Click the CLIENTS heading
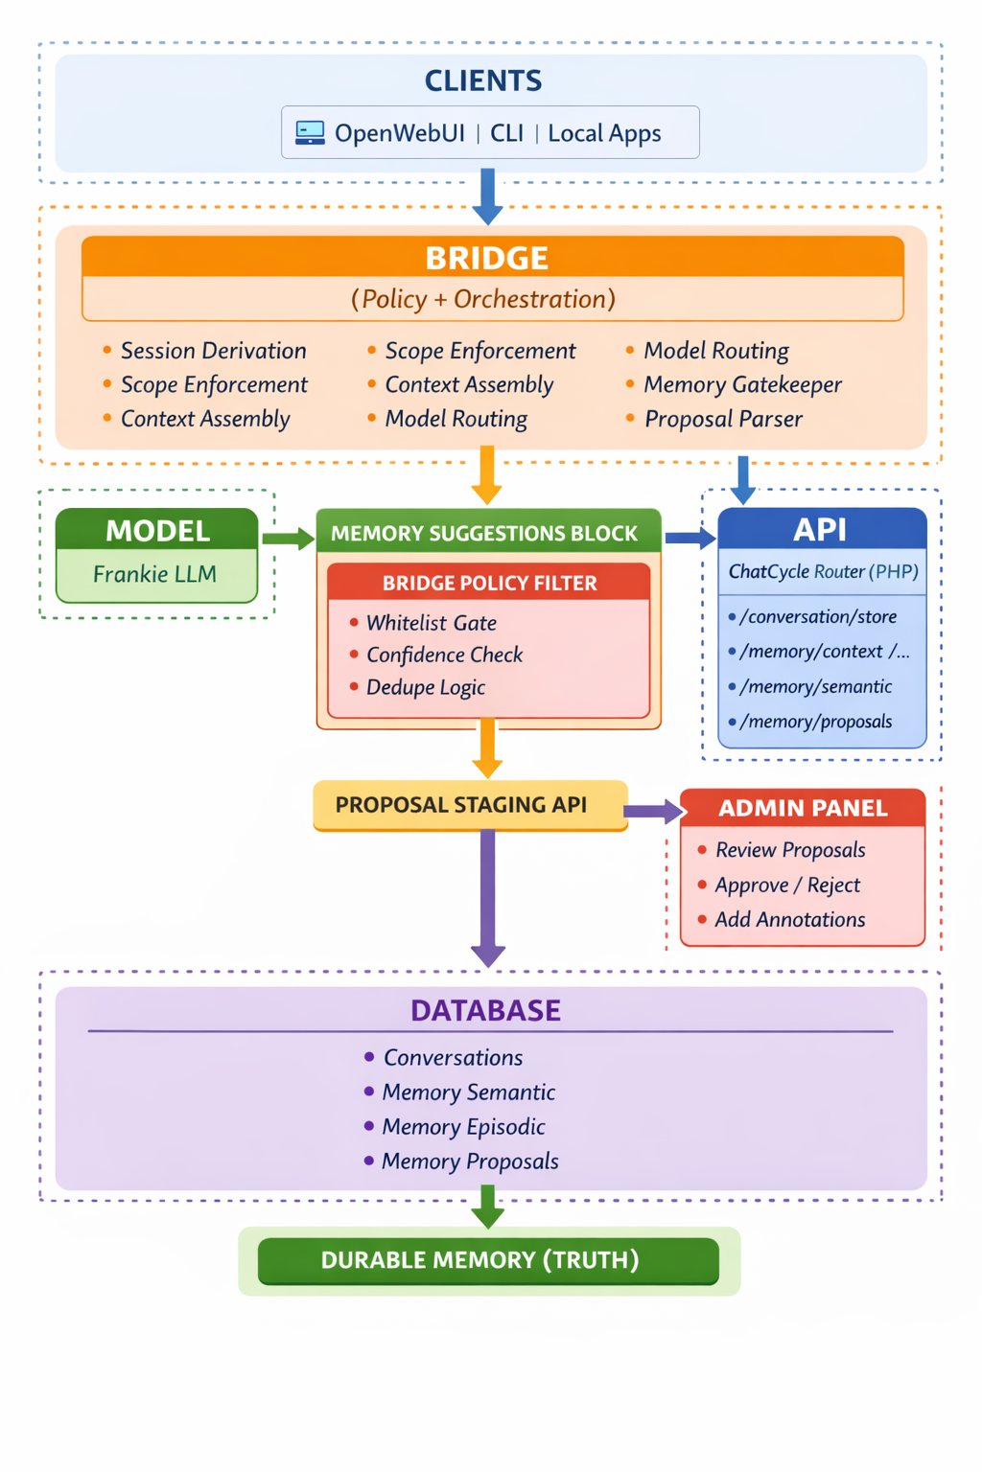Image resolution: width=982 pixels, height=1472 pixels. click(x=483, y=80)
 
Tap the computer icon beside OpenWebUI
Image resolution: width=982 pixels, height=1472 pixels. click(x=310, y=133)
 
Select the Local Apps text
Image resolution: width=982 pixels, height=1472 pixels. click(x=604, y=133)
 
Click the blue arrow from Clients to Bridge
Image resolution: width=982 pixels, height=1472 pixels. click(x=487, y=195)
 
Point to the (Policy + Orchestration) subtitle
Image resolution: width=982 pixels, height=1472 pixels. click(x=483, y=299)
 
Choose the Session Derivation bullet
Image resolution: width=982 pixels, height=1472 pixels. click(x=213, y=351)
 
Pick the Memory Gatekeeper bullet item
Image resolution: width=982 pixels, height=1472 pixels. click(x=742, y=385)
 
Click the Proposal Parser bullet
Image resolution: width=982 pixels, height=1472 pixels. click(x=723, y=420)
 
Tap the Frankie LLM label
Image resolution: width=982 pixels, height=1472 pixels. click(x=155, y=574)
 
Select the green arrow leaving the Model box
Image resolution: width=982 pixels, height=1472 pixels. click(x=287, y=539)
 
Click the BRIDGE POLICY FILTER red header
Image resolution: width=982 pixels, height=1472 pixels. click(x=489, y=583)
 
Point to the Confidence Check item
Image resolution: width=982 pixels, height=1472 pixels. click(x=444, y=655)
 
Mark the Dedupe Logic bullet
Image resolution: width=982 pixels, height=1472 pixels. click(x=426, y=688)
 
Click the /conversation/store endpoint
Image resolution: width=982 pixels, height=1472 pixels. click(x=818, y=617)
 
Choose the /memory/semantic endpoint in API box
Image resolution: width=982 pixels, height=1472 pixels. click(x=815, y=687)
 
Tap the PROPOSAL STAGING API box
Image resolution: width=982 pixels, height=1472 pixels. click(x=470, y=805)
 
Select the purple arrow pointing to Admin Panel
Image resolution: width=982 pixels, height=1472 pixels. click(x=653, y=812)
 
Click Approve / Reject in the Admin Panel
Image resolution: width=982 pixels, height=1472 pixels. click(x=787, y=885)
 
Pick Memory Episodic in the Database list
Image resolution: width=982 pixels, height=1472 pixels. click(x=463, y=1127)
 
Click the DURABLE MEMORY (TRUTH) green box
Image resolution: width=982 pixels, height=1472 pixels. click(x=488, y=1260)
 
